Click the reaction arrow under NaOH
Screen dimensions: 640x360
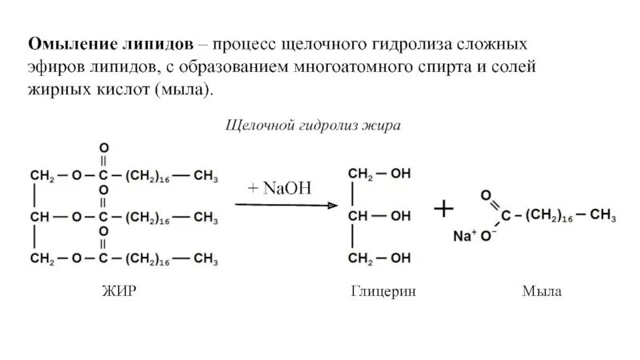click(x=287, y=206)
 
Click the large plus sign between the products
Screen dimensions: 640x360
click(x=443, y=210)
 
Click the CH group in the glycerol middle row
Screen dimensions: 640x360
click(x=357, y=216)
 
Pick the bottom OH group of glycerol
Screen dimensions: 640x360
click(x=400, y=258)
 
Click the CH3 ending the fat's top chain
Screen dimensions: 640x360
click(x=206, y=174)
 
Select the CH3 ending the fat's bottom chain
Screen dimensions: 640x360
click(x=206, y=258)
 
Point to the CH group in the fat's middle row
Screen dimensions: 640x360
click(x=40, y=216)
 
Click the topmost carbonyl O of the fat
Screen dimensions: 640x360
click(x=103, y=148)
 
